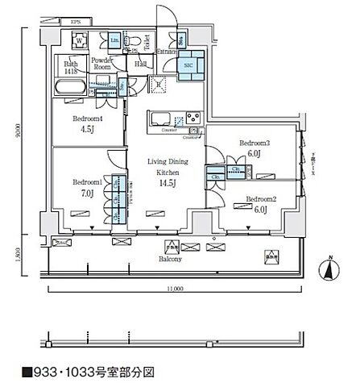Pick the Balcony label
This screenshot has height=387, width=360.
click(x=168, y=260)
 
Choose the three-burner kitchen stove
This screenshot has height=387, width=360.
click(x=194, y=119)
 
